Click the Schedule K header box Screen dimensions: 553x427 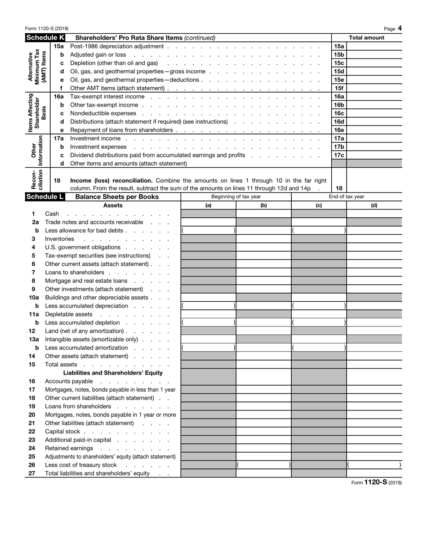point(45,38)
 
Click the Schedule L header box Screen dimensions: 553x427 point(45,197)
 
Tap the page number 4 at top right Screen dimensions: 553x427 point(400,28)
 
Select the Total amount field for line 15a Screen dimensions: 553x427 point(374,46)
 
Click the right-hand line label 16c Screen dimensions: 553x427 point(339,113)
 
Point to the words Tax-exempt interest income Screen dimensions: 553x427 point(107,97)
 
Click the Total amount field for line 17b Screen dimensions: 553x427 point(374,147)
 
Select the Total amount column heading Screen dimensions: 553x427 point(366,38)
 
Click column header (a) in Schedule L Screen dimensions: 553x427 point(208,205)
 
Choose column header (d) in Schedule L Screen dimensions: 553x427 point(374,205)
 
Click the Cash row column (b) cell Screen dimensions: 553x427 point(263,214)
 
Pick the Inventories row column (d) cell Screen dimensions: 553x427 point(374,239)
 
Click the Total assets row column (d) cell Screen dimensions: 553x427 point(374,364)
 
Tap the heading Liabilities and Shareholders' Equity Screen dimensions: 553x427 point(113,373)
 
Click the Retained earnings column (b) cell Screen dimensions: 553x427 point(263,448)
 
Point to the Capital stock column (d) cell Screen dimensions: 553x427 point(374,431)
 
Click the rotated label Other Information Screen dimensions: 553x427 point(37,151)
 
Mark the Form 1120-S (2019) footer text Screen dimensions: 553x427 point(376,482)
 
